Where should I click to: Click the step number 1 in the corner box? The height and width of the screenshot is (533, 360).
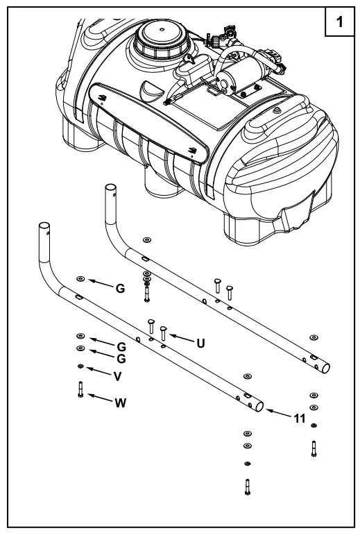tap(339, 22)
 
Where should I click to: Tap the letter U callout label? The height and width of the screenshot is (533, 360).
tap(200, 342)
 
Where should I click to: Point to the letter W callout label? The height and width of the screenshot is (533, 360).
tap(121, 403)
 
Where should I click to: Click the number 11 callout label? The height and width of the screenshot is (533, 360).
tap(300, 419)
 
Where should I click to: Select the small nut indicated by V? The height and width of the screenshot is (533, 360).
tap(80, 366)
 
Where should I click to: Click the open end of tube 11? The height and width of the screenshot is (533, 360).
tap(259, 406)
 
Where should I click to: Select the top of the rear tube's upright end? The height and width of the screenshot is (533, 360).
tap(110, 188)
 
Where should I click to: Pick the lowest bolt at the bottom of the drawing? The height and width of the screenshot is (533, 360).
tap(247, 487)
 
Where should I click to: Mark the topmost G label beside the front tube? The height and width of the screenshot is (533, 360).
tap(120, 288)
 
